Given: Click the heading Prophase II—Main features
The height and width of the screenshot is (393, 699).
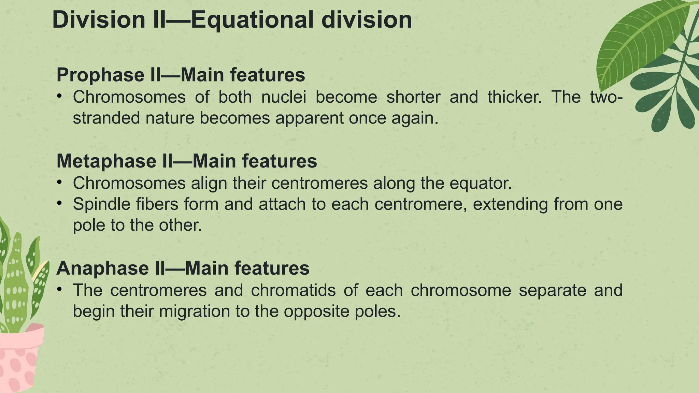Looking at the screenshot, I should [x=181, y=75].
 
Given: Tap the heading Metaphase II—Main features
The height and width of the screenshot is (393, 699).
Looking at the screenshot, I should [x=186, y=161].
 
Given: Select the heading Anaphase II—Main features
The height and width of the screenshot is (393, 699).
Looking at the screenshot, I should [x=183, y=268].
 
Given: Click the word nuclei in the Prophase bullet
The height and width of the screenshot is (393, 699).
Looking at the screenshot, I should [x=284, y=97].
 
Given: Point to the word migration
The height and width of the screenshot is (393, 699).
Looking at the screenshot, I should [x=195, y=311].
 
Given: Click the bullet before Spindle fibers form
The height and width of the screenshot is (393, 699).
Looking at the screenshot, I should [x=60, y=204].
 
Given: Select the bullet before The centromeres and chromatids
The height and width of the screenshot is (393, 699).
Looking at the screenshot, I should [x=60, y=290].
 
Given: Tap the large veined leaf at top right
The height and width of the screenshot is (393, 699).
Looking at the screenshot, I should [x=642, y=41].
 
